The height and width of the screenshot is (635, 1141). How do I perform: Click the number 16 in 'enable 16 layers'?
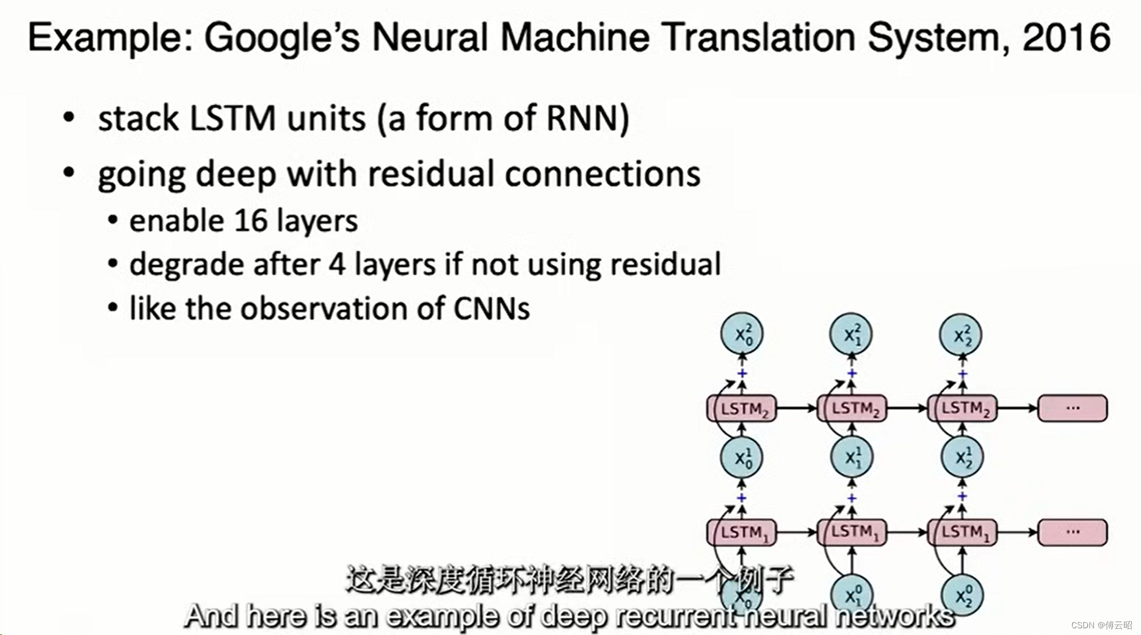tap(250, 221)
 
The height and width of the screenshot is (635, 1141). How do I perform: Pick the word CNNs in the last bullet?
tap(491, 308)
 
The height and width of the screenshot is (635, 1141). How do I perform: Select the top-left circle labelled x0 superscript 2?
tap(742, 334)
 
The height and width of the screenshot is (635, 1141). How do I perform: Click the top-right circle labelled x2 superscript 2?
tap(961, 334)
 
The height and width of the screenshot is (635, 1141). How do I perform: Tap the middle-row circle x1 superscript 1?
tap(852, 457)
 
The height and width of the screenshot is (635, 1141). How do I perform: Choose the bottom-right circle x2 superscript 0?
tap(962, 595)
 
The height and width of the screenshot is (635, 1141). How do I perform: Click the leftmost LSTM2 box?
tap(742, 408)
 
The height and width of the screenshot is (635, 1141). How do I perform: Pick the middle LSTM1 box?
tap(852, 532)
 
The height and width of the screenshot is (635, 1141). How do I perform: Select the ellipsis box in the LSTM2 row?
tap(1073, 408)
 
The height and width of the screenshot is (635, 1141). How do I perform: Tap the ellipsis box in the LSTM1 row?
tap(1073, 532)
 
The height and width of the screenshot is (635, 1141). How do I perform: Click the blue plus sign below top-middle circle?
tap(852, 373)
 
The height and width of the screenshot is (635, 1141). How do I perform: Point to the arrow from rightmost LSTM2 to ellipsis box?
tap(1017, 408)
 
